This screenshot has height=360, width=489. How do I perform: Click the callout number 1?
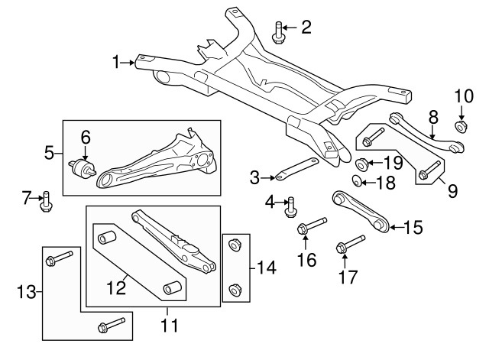[116, 62]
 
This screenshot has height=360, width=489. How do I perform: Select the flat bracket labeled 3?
[297, 170]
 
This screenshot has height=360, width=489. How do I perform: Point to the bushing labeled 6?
[83, 168]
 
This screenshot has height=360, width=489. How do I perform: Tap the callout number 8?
[433, 117]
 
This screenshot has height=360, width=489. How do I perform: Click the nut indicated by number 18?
[356, 181]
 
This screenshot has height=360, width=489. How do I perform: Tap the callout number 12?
[117, 287]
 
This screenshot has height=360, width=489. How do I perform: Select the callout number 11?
[169, 325]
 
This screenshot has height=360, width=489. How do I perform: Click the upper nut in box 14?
[235, 245]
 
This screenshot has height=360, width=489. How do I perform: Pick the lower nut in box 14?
[235, 290]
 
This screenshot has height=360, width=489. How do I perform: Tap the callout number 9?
[452, 190]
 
